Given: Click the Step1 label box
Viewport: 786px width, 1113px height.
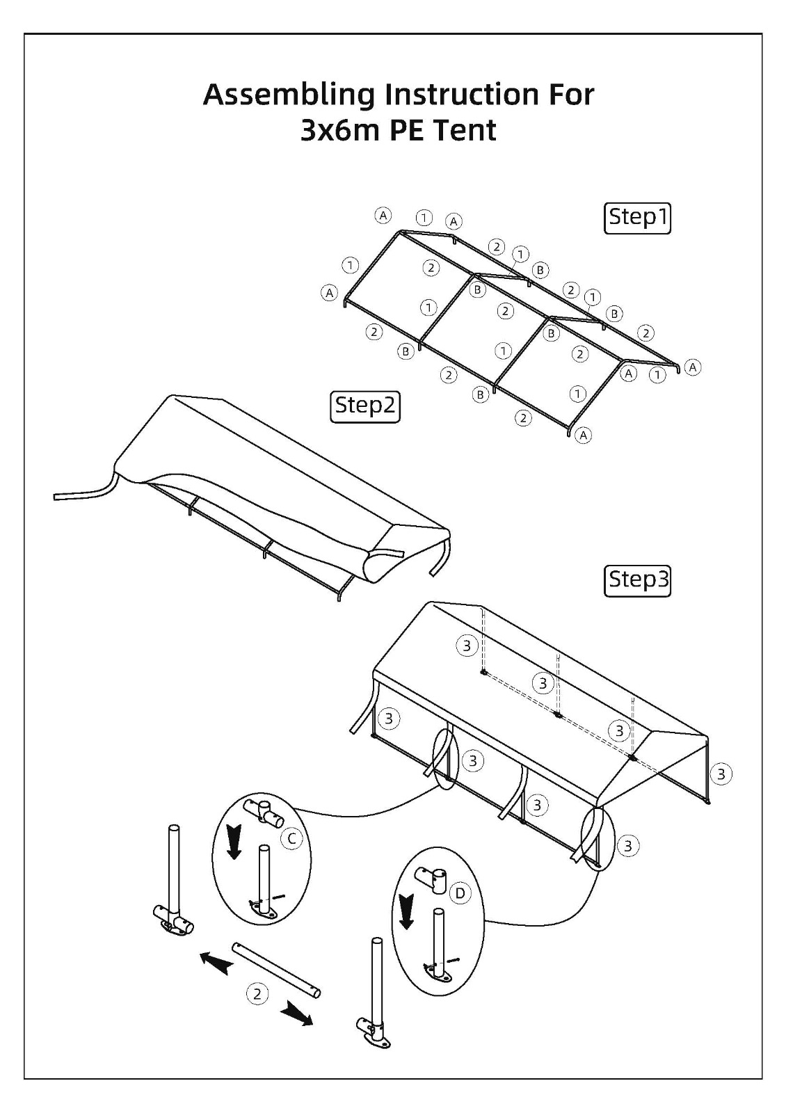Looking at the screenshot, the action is (x=637, y=218).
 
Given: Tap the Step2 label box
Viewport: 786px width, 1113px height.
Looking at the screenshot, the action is (x=364, y=407).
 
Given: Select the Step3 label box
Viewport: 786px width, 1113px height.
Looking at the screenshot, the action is (x=637, y=580).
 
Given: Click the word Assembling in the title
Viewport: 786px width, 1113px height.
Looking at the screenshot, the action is (x=289, y=95).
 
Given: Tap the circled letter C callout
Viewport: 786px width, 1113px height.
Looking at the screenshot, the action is (x=291, y=838).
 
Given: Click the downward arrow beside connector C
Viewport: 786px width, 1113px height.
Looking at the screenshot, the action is (x=234, y=841).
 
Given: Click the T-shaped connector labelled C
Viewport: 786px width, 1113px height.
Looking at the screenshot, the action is (x=264, y=811).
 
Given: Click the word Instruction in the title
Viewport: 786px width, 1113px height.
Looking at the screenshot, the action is (x=463, y=95).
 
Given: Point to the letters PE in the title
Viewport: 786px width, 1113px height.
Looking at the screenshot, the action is (x=407, y=131).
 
